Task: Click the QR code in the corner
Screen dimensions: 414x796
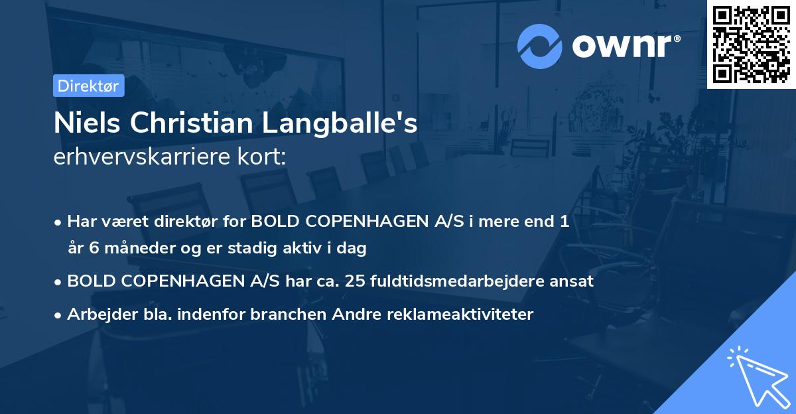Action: tap(751, 44)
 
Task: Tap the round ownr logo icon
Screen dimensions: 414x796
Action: tap(540, 46)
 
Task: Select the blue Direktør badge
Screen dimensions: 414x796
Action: tap(88, 86)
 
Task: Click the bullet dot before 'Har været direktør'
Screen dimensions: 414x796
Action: tap(58, 222)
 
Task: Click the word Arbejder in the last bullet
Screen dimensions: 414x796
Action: tap(97, 314)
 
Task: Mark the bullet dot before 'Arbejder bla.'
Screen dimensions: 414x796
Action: tap(58, 315)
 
